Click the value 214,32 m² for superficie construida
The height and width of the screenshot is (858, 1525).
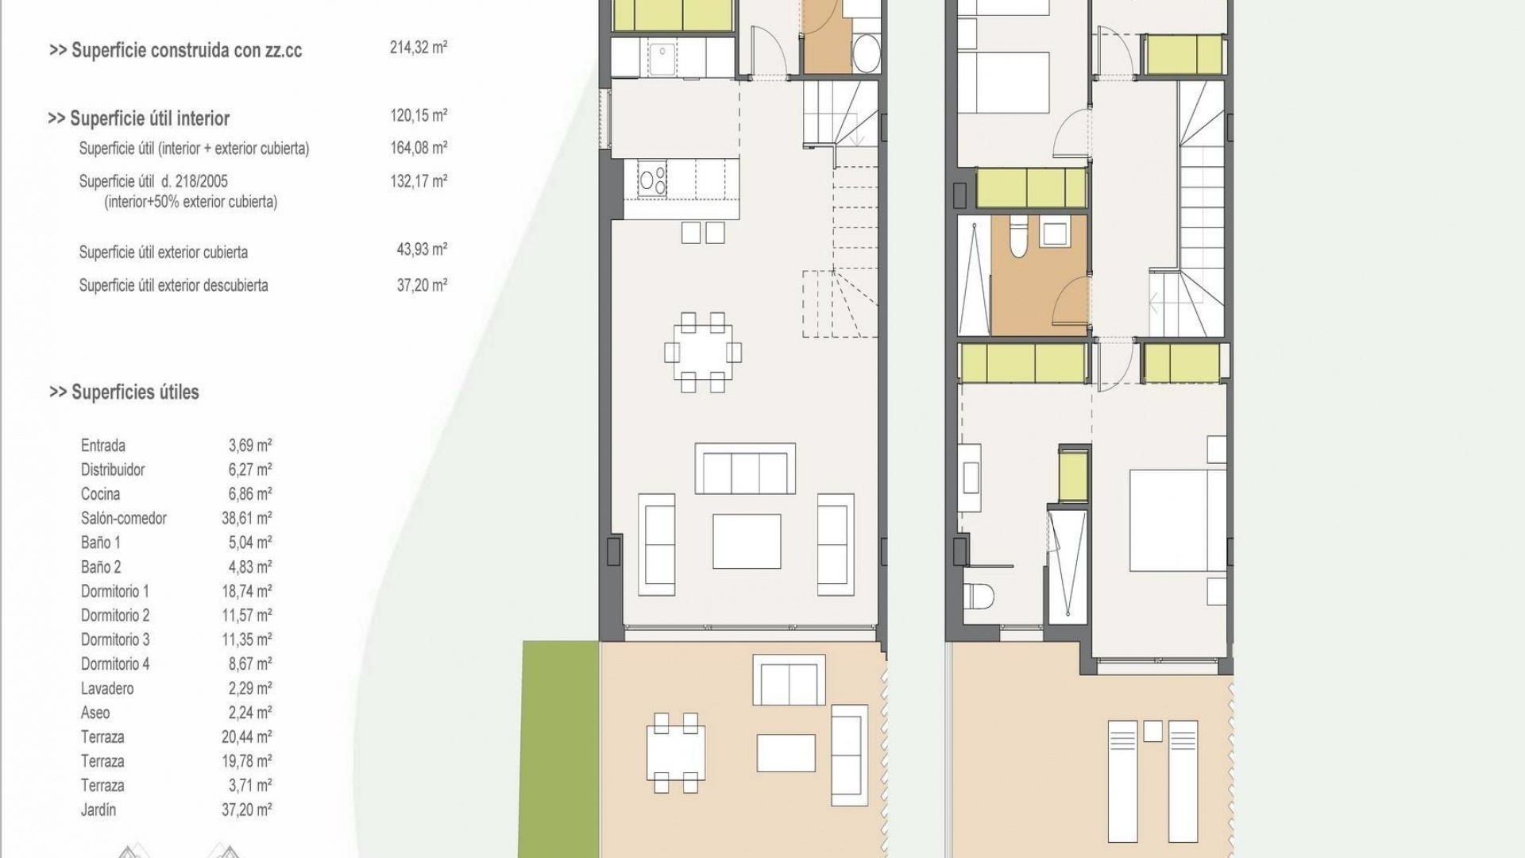pyautogui.click(x=418, y=48)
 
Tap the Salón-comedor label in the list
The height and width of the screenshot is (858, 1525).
pyautogui.click(x=123, y=518)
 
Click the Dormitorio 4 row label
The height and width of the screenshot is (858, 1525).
pyautogui.click(x=114, y=663)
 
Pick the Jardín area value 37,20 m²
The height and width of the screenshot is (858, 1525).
pyautogui.click(x=246, y=810)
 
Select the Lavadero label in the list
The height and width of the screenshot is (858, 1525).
pyautogui.click(x=106, y=688)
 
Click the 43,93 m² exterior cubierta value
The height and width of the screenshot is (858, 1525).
pyautogui.click(x=421, y=249)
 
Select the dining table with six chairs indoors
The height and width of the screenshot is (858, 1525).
pyautogui.click(x=703, y=352)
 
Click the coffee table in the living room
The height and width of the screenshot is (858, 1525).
pyautogui.click(x=746, y=541)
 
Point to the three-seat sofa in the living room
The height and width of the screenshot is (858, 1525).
pyautogui.click(x=745, y=469)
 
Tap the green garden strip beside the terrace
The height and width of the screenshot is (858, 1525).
pyautogui.click(x=560, y=747)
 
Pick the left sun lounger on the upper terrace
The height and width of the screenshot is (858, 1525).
pyautogui.click(x=1122, y=790)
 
